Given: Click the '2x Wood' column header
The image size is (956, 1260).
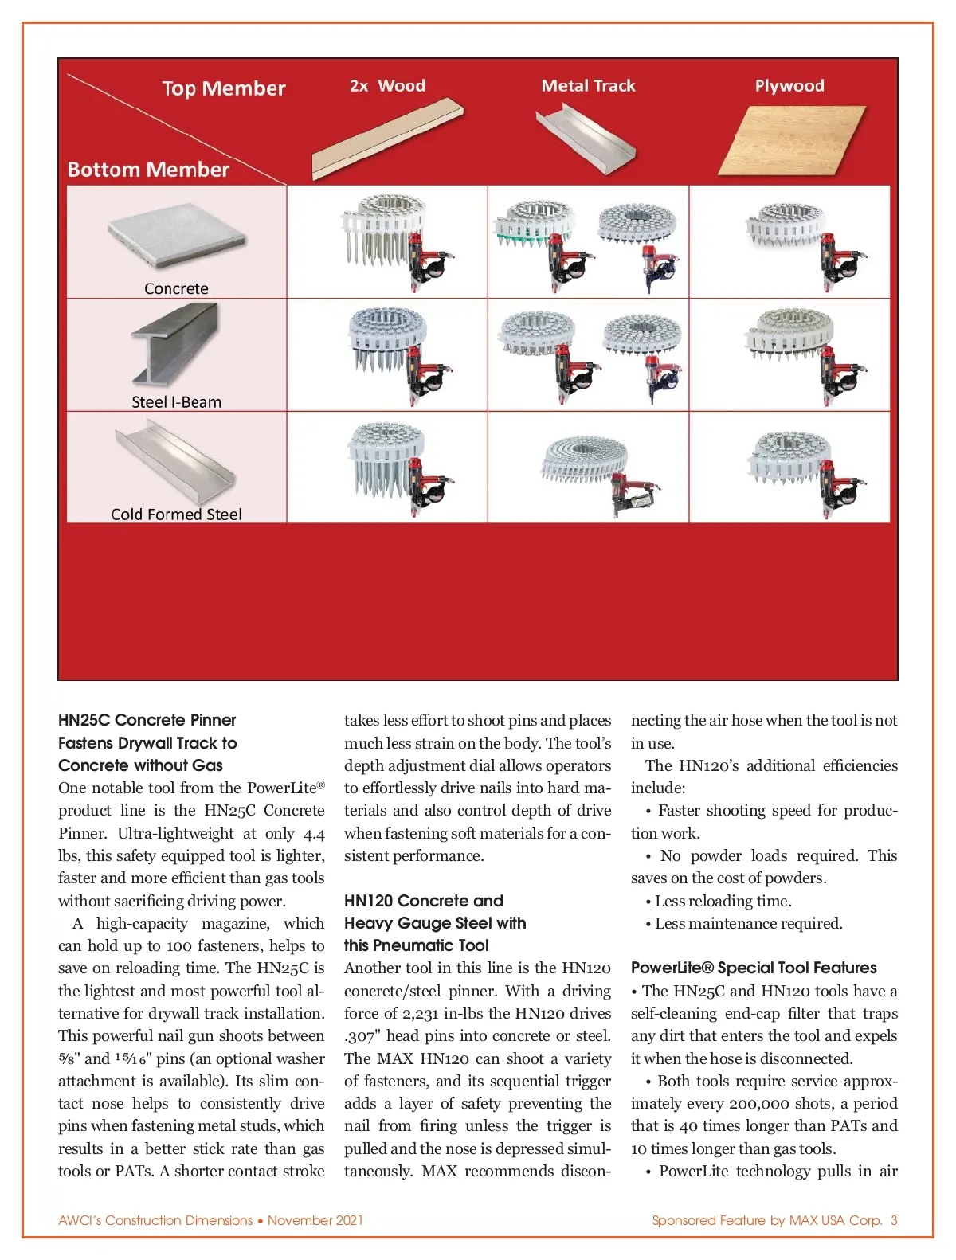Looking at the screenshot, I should click(x=387, y=86).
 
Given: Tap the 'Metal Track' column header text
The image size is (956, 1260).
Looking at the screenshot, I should click(x=588, y=86).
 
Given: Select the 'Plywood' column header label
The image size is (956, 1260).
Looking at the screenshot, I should click(x=789, y=86).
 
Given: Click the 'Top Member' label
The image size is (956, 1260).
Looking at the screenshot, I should click(x=223, y=88).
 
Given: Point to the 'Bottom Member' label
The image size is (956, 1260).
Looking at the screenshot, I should click(x=148, y=170).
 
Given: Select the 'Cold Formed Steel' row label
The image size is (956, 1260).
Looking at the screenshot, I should click(x=176, y=515).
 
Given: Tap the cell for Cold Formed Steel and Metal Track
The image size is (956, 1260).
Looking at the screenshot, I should click(x=588, y=468).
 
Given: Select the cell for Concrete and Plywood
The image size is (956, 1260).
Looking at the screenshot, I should click(x=789, y=242).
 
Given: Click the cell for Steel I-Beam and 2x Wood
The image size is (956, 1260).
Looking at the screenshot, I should click(x=387, y=355).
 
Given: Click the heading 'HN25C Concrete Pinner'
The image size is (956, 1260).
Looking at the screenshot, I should click(x=147, y=720).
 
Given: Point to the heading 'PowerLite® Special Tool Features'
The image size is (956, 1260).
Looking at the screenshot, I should click(x=754, y=968).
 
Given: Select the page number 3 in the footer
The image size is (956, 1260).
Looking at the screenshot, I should click(x=894, y=1220).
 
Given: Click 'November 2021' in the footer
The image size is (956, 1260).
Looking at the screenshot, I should click(x=315, y=1220).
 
